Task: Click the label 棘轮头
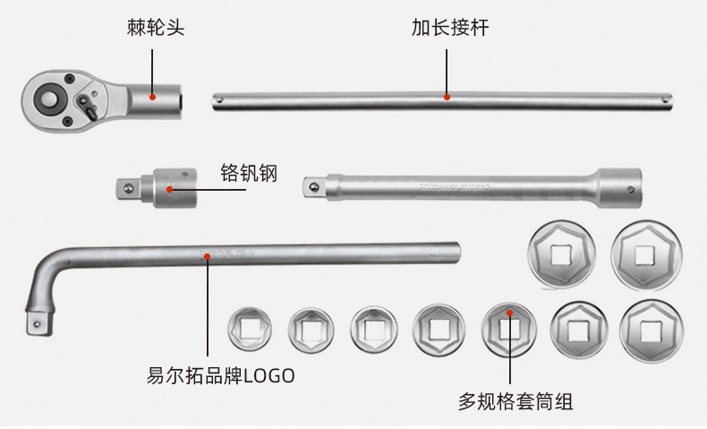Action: click(155, 27)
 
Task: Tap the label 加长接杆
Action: click(449, 27)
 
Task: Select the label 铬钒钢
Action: click(249, 173)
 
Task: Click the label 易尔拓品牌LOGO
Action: click(220, 375)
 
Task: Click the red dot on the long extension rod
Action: click(447, 97)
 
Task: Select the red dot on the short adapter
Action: click(169, 189)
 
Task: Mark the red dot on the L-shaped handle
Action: click(207, 256)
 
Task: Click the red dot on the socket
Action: click(509, 313)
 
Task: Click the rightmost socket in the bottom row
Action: click(651, 329)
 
